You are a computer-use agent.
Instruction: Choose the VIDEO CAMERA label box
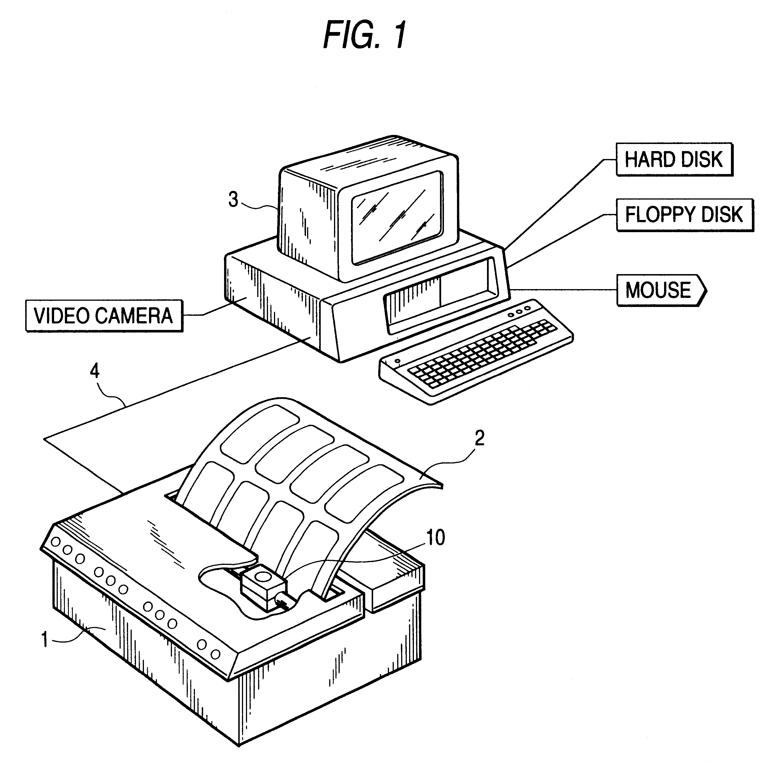pos(104,316)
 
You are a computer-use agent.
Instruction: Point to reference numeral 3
pos(233,200)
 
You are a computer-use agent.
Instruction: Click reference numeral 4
pos(95,372)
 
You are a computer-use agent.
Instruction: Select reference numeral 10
pos(435,537)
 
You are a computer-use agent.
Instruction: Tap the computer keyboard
pos(477,351)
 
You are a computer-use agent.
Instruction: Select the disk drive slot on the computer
pos(441,294)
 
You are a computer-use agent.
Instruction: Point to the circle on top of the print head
pos(263,576)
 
